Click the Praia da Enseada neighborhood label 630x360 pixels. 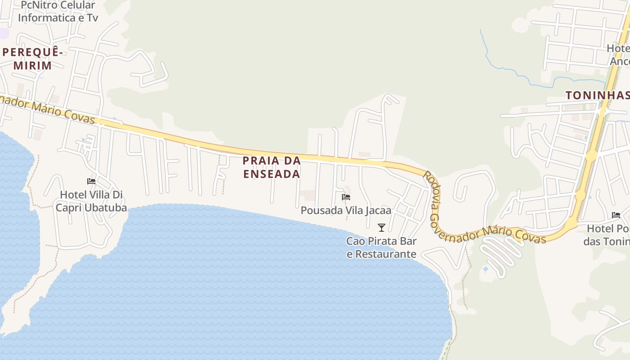[271, 167]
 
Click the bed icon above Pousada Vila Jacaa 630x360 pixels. [346, 197]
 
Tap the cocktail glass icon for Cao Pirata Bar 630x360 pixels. [382, 227]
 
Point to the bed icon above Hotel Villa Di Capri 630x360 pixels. [91, 181]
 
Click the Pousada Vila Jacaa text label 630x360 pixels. [346, 210]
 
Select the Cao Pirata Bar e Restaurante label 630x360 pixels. [382, 247]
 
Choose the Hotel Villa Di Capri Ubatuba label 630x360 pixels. [91, 201]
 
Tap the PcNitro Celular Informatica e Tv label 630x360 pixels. [58, 12]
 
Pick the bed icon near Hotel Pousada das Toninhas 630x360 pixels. [616, 215]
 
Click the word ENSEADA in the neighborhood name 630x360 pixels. [271, 174]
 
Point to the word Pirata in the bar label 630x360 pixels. [382, 241]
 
